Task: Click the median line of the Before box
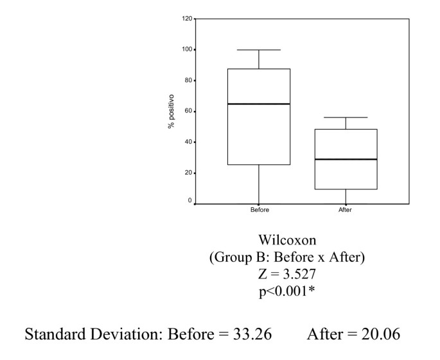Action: [259, 103]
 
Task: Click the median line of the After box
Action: [346, 159]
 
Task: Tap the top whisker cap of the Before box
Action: [259, 49]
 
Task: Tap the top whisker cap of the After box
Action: [346, 117]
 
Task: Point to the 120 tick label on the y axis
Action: [186, 19]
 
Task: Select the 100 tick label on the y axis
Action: [186, 49]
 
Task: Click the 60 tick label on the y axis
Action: [188, 111]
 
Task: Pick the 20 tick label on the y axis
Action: [188, 173]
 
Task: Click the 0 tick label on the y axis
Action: [189, 201]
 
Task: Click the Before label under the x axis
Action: [260, 210]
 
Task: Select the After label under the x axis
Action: [346, 210]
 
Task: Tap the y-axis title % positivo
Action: [171, 111]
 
